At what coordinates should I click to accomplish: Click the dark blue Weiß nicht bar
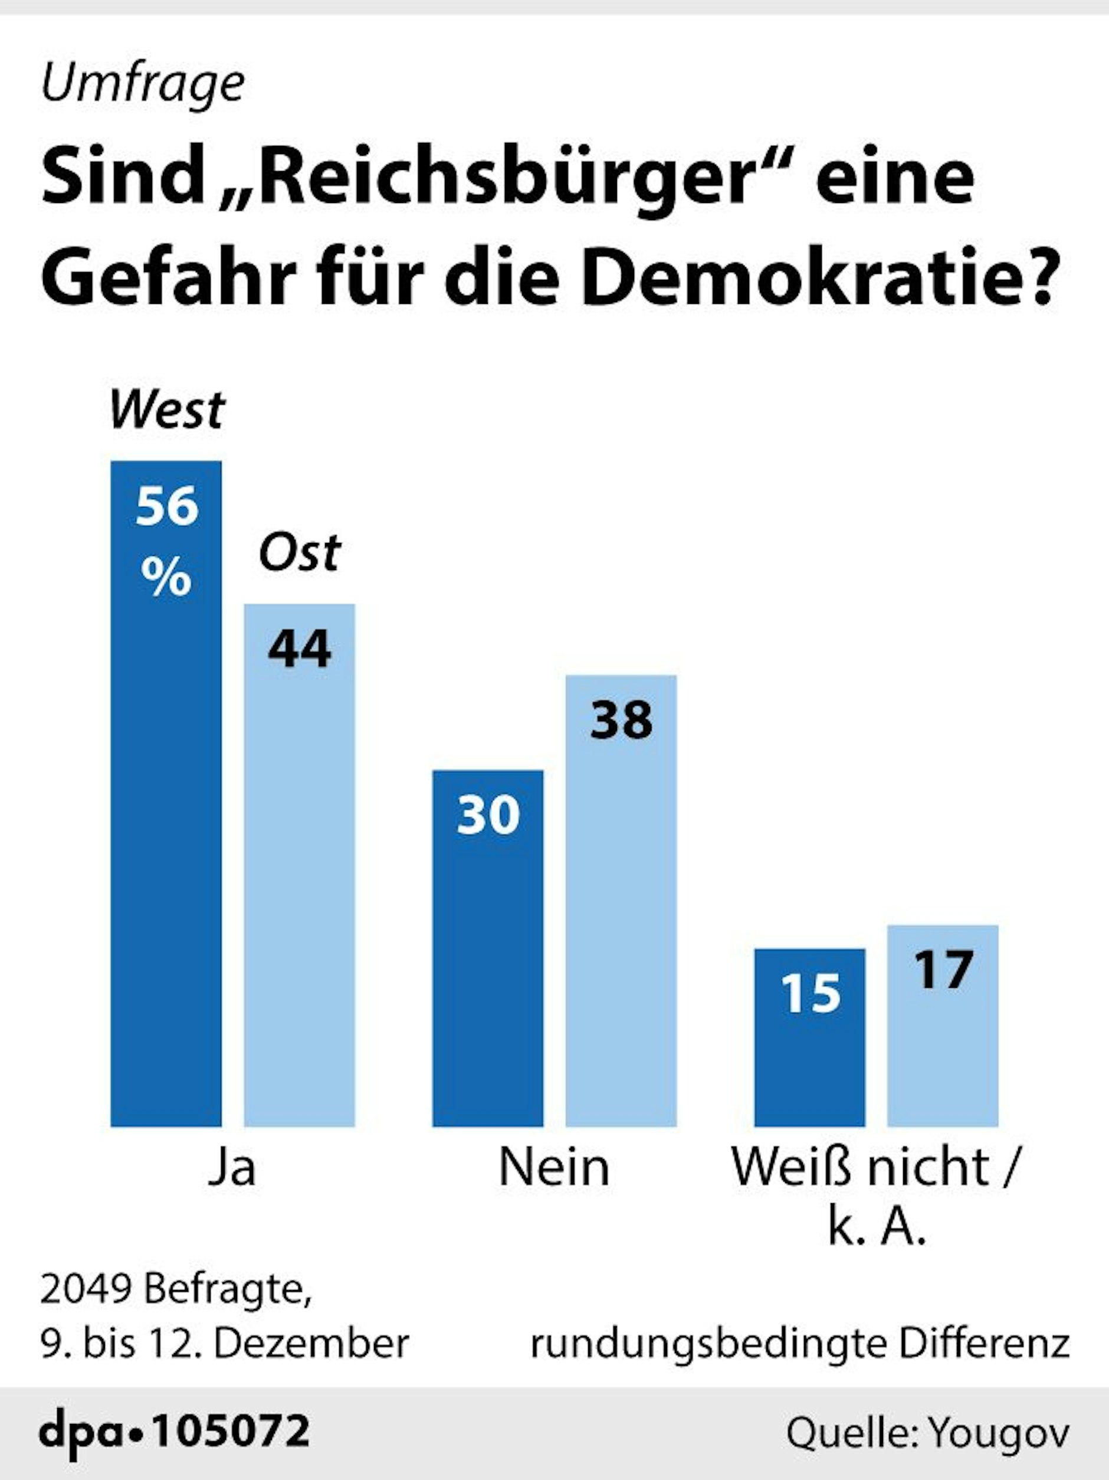click(809, 1057)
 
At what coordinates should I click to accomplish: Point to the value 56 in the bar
click(166, 506)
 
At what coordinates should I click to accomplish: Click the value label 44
click(299, 649)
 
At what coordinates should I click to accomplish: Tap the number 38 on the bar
click(621, 721)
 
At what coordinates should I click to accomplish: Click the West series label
click(167, 410)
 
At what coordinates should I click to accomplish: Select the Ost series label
click(300, 553)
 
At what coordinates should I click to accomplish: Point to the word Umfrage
click(143, 85)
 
